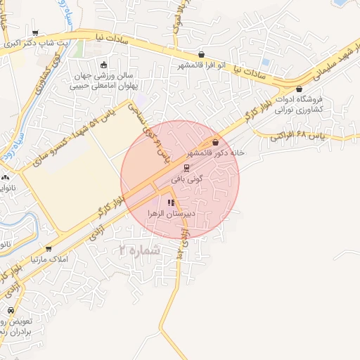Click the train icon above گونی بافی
point(186,168)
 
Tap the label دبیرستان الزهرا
point(170,212)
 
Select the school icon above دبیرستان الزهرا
point(171,202)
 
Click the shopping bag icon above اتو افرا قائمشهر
point(202,55)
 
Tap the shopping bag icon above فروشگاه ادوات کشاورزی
point(300,89)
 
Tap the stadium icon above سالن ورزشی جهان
point(104,64)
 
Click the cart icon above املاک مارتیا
point(49,248)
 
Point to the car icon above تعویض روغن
point(11,311)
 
